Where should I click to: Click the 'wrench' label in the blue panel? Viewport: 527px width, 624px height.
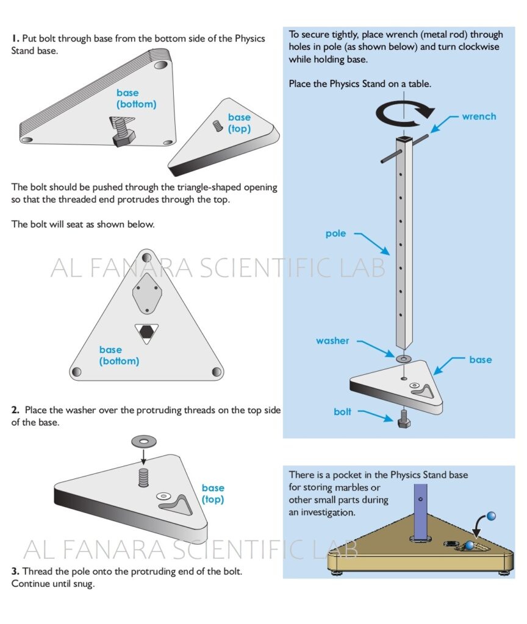pyautogui.click(x=479, y=116)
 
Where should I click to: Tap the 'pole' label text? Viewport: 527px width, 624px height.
pyautogui.click(x=335, y=233)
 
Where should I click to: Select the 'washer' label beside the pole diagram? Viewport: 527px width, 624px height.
pyautogui.click(x=332, y=341)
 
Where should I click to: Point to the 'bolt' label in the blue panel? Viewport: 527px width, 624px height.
pyautogui.click(x=342, y=412)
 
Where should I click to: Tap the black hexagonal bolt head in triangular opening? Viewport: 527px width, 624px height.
pyautogui.click(x=146, y=331)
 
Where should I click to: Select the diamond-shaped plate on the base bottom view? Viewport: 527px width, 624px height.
pyautogui.click(x=146, y=292)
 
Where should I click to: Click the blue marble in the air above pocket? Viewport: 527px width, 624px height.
pyautogui.click(x=491, y=516)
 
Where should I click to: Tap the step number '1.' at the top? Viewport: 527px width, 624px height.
pyautogui.click(x=15, y=38)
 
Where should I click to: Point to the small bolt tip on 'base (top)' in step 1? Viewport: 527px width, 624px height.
pyautogui.click(x=216, y=126)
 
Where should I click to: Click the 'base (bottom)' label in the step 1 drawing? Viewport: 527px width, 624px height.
pyautogui.click(x=136, y=99)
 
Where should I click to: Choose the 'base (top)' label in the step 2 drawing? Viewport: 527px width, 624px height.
pyautogui.click(x=213, y=494)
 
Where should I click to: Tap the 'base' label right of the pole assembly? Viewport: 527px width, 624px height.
pyautogui.click(x=480, y=360)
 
